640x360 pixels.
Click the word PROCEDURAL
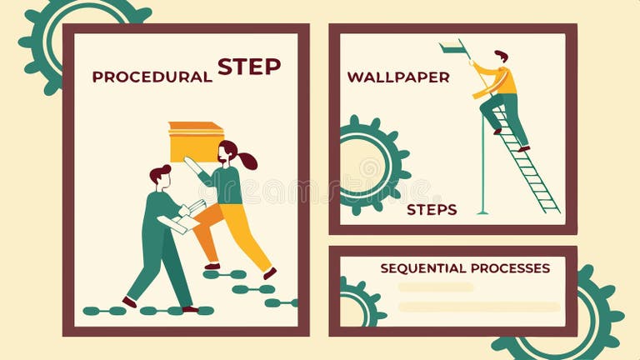152,77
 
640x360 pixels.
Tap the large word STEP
248,67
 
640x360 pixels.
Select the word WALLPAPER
397,77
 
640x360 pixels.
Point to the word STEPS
431,210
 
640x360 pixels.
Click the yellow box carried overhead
196,142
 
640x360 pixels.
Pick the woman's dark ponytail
247,160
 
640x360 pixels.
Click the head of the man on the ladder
500,57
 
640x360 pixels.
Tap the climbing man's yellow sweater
502,81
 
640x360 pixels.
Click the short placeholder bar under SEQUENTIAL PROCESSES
435,287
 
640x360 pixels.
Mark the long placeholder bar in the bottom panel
479,307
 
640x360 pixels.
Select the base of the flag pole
482,212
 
